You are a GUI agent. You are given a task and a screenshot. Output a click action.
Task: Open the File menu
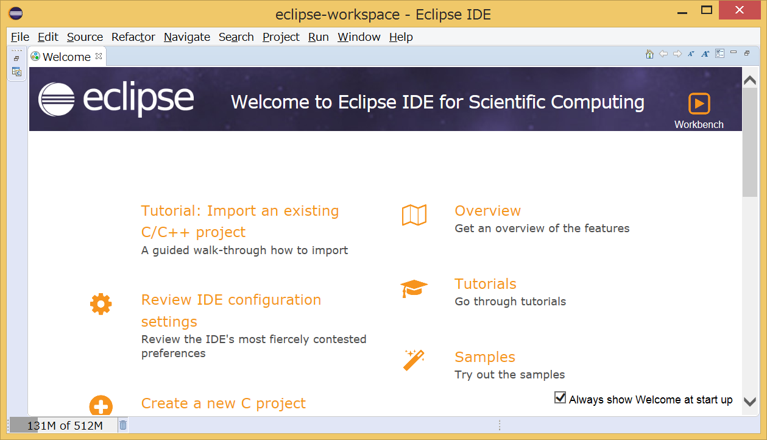pyautogui.click(x=20, y=37)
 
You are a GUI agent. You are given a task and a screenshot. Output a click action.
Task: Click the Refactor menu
pyautogui.click(x=133, y=37)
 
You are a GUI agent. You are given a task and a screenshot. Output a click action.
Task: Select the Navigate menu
pyautogui.click(x=186, y=37)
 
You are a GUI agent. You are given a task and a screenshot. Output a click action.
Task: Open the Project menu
pyautogui.click(x=281, y=37)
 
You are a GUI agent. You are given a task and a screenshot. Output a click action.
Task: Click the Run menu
pyautogui.click(x=318, y=37)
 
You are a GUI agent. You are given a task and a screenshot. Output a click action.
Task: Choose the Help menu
pyautogui.click(x=401, y=37)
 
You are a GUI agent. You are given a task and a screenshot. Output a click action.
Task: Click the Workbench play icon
pyautogui.click(x=699, y=104)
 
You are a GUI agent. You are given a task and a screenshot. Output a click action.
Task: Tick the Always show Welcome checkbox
pyautogui.click(x=560, y=398)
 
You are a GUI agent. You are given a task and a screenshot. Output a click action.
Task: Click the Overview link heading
pyautogui.click(x=487, y=211)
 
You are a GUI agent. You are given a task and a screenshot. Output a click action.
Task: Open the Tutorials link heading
pyautogui.click(x=485, y=284)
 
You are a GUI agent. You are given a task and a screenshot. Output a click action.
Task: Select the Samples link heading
pyautogui.click(x=484, y=357)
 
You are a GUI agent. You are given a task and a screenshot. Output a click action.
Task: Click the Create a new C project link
pyautogui.click(x=223, y=403)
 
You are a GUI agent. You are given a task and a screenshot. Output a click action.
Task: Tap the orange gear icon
pyautogui.click(x=101, y=303)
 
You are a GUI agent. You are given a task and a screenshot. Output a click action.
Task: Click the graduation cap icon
pyautogui.click(x=414, y=288)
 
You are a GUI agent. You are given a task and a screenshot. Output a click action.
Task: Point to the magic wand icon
pyautogui.click(x=414, y=360)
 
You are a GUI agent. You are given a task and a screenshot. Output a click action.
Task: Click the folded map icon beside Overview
pyautogui.click(x=414, y=215)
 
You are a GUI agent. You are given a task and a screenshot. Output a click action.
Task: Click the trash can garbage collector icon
pyautogui.click(x=123, y=425)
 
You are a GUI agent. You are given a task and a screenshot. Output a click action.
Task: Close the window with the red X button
pyautogui.click(x=739, y=10)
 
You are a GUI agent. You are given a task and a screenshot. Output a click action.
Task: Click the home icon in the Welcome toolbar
pyautogui.click(x=649, y=54)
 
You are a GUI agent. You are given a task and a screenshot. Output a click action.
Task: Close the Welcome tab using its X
pyautogui.click(x=99, y=56)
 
